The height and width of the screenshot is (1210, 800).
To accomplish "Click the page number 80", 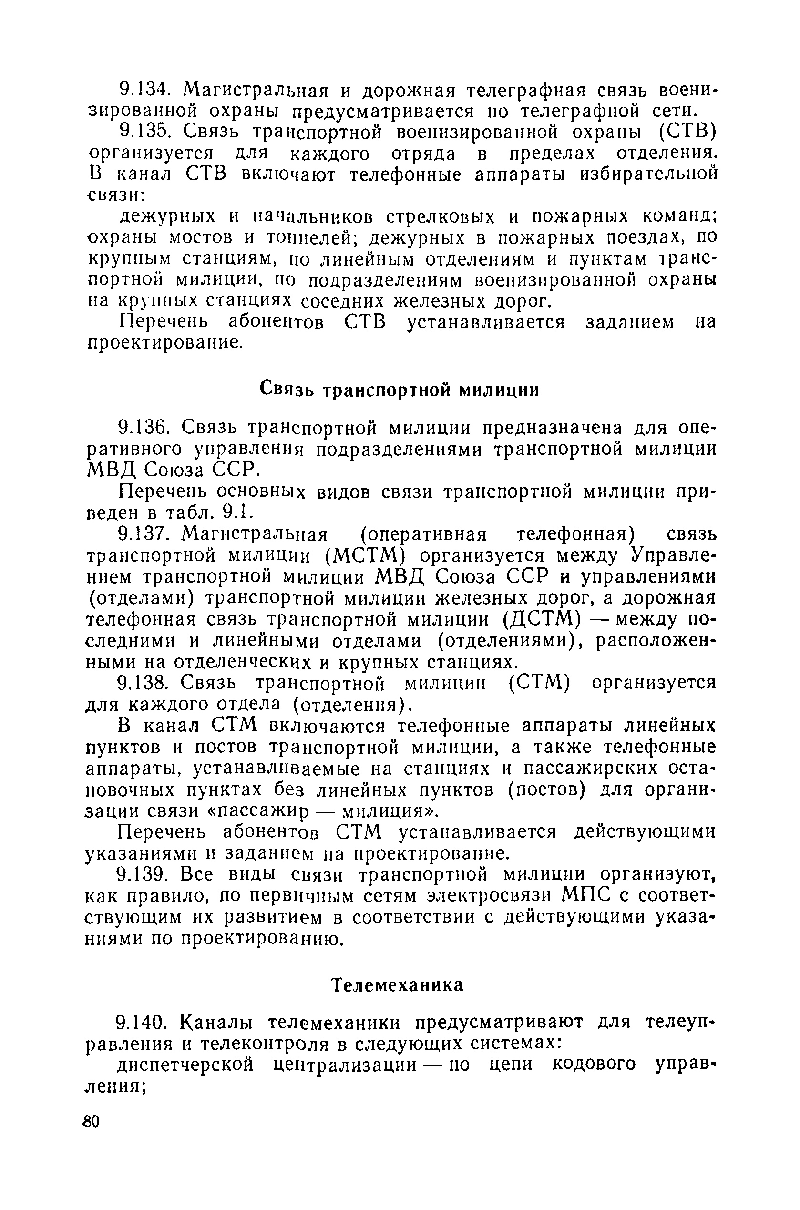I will click(x=91, y=1122).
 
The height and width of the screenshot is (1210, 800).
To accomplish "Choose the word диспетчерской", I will click(x=186, y=1065).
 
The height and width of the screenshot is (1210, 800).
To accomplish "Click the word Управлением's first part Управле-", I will click(x=672, y=555).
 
